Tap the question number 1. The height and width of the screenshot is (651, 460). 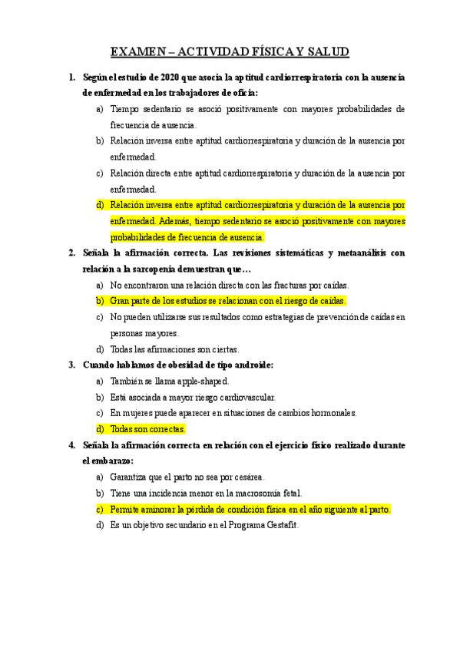click(x=71, y=77)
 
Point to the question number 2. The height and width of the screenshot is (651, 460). click(x=71, y=253)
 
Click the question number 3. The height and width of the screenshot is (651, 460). click(x=71, y=365)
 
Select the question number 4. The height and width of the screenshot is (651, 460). click(x=71, y=444)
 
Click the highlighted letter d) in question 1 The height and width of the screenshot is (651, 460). click(x=100, y=205)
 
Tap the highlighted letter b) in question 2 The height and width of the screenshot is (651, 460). click(x=100, y=301)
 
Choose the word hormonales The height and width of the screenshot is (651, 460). click(x=330, y=413)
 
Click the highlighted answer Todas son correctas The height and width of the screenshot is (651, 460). click(x=148, y=429)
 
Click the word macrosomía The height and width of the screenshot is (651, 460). click(x=254, y=493)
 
